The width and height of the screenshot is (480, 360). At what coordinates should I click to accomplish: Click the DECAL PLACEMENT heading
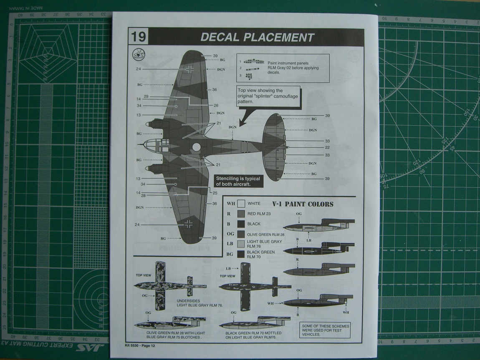[x=257, y=37]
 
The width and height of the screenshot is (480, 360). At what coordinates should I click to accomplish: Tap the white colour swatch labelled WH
[x=241, y=204]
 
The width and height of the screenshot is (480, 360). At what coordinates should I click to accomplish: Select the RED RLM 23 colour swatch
[x=241, y=214]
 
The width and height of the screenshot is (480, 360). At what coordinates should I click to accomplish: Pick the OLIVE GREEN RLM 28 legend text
[x=265, y=235]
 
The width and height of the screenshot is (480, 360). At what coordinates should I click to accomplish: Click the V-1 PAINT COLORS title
[x=303, y=204]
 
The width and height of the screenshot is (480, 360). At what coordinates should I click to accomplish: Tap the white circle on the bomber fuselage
[x=197, y=147]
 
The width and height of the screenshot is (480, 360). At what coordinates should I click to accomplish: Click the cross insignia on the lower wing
[x=190, y=224]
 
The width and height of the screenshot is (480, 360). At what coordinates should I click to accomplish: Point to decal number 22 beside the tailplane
[x=327, y=147]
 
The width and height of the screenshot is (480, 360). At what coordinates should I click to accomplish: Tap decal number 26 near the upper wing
[x=216, y=106]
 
